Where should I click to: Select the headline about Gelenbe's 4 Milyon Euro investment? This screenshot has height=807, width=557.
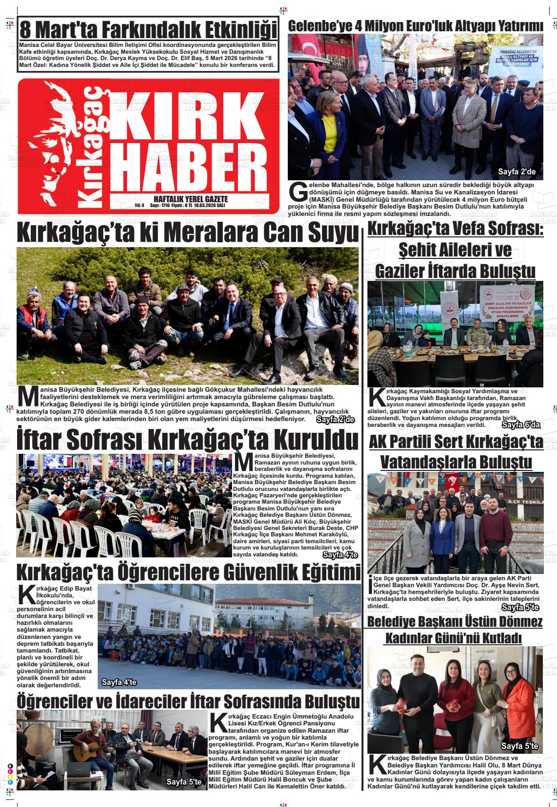pos(416,26)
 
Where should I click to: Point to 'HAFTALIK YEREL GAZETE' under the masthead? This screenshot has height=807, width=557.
pos(191,199)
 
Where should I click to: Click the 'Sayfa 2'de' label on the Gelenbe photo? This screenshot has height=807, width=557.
pos(516,172)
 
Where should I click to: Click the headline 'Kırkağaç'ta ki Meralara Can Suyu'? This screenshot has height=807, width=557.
pos(188,233)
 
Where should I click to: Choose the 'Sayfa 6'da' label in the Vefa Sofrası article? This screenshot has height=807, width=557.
pos(521,425)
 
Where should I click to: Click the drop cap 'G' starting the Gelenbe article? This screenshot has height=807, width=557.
pos(297,192)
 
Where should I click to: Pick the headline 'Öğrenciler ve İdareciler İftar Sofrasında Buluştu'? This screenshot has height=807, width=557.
pos(188,701)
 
